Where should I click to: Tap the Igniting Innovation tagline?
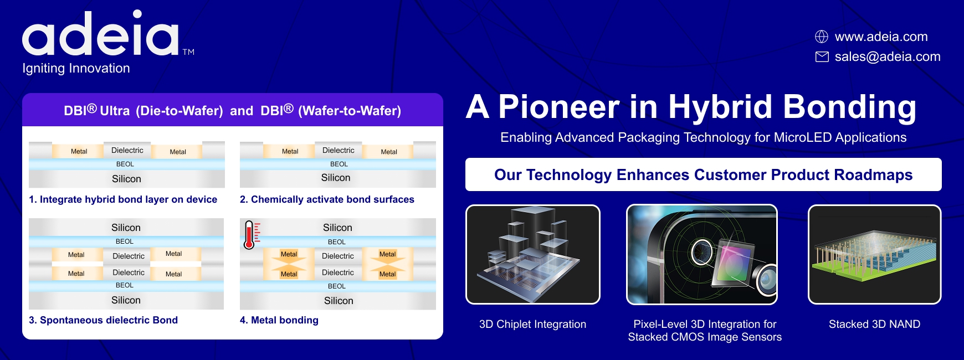pyautogui.click(x=76, y=68)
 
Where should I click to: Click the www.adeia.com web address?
pyautogui.click(x=881, y=37)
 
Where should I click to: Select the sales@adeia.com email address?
pyautogui.click(x=888, y=56)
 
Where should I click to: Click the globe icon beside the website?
pyautogui.click(x=822, y=37)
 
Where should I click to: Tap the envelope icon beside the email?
pyautogui.click(x=822, y=56)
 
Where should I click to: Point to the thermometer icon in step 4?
pyautogui.click(x=250, y=235)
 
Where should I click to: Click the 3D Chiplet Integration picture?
pyautogui.click(x=533, y=254)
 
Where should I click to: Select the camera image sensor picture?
pyautogui.click(x=702, y=254)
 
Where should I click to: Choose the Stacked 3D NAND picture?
pyautogui.click(x=875, y=254)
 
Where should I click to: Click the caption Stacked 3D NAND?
pyautogui.click(x=874, y=324)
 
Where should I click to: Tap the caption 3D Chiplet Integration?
pyautogui.click(x=532, y=324)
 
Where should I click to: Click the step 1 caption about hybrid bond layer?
pyautogui.click(x=123, y=199)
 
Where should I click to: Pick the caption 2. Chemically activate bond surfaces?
pyautogui.click(x=327, y=199)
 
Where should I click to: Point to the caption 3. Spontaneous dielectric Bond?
pyautogui.click(x=103, y=320)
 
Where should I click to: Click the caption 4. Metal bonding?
pyautogui.click(x=279, y=320)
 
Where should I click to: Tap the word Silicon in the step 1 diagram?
pyautogui.click(x=126, y=179)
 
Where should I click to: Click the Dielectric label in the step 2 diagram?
pyautogui.click(x=339, y=150)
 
